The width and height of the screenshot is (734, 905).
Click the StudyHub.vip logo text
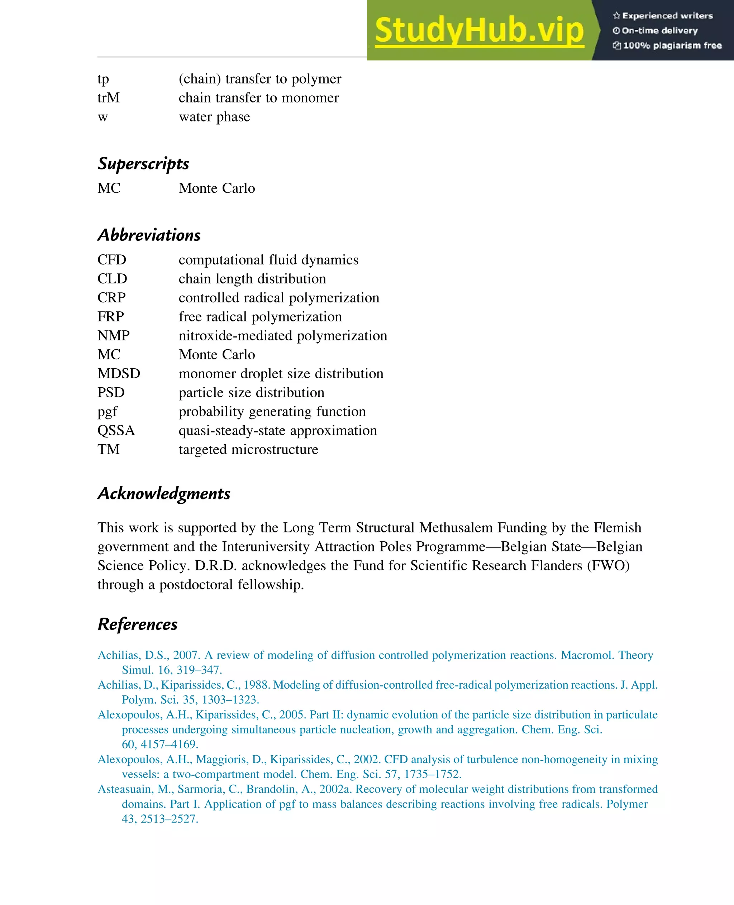479,30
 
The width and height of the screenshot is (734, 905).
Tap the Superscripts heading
143,164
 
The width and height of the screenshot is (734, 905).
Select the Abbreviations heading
149,235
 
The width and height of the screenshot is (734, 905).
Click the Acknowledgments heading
164,493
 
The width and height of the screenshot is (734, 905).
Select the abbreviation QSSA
116,430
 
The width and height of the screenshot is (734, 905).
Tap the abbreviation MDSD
119,373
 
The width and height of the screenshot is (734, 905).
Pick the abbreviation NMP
113,336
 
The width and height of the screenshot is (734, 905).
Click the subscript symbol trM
109,98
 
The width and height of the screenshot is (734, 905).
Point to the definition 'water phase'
214,117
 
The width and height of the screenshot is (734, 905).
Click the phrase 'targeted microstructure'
248,449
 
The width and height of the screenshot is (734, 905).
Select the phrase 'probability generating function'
272,411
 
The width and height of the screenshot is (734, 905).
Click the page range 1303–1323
230,700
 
